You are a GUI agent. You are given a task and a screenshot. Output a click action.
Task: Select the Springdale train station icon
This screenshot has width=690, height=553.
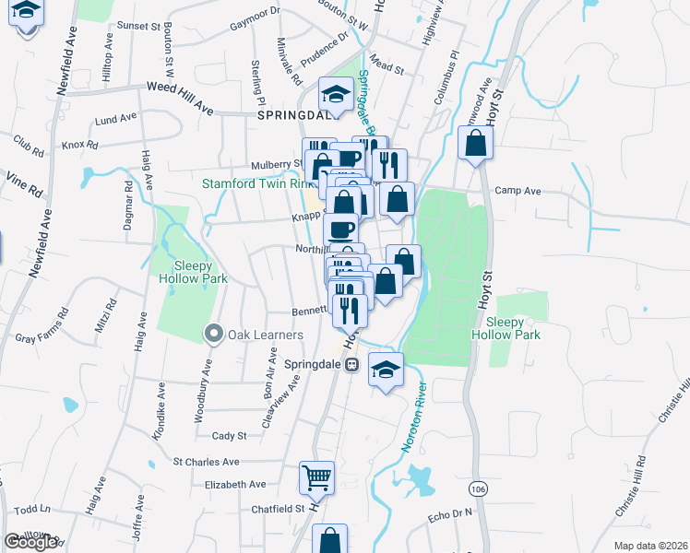[x=351, y=365]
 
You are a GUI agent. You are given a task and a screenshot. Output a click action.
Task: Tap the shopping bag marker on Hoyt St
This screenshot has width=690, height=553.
[x=475, y=144]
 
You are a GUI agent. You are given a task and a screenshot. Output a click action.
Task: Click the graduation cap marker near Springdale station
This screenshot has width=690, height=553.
[x=386, y=371]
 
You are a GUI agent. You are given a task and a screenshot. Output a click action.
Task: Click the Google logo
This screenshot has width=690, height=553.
[x=30, y=542]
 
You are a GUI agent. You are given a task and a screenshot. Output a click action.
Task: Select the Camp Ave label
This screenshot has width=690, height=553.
[x=516, y=191]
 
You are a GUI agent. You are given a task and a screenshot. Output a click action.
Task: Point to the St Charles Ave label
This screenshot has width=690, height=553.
[x=207, y=462]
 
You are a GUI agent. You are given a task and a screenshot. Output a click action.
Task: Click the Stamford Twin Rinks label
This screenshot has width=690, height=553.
[x=258, y=183]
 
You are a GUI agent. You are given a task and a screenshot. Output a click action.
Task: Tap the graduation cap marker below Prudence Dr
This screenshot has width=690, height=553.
[x=335, y=94]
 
